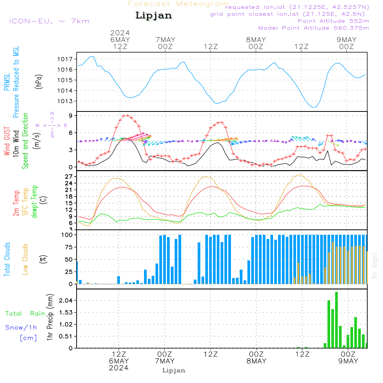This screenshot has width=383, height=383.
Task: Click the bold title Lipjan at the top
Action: (154, 16)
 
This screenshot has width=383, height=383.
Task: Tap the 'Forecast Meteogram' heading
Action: (178, 4)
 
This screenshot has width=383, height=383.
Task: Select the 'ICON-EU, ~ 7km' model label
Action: (49, 21)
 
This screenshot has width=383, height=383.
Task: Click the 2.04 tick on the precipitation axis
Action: (66, 300)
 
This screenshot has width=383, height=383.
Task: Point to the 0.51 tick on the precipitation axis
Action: (66, 336)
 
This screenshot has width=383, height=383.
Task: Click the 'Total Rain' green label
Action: (25, 313)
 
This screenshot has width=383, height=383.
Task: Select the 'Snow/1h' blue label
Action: (21, 327)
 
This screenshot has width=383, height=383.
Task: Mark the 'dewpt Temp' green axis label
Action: (34, 202)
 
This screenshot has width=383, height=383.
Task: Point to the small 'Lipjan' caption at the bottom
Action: (174, 370)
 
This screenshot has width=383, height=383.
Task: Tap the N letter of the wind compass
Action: (52, 113)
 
